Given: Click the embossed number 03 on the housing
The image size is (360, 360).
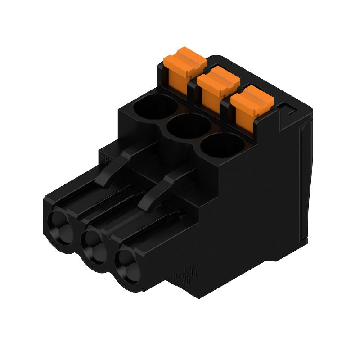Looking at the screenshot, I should [191, 271].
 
